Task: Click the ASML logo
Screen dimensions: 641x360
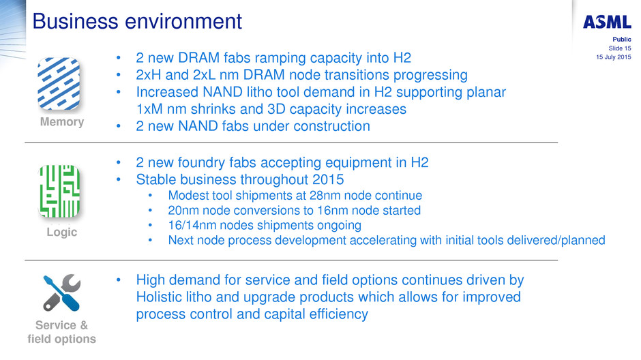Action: point(607,22)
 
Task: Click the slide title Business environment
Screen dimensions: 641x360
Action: point(137,21)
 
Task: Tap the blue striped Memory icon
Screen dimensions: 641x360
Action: point(59,84)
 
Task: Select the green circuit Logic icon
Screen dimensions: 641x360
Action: point(59,191)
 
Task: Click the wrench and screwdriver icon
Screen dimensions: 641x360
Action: point(62,292)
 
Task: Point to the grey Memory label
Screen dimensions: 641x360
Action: point(62,122)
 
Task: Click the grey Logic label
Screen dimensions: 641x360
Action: point(62,232)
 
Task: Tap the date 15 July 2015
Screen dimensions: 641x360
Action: point(613,57)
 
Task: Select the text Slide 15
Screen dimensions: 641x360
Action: point(620,48)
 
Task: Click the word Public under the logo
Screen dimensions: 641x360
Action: point(622,40)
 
